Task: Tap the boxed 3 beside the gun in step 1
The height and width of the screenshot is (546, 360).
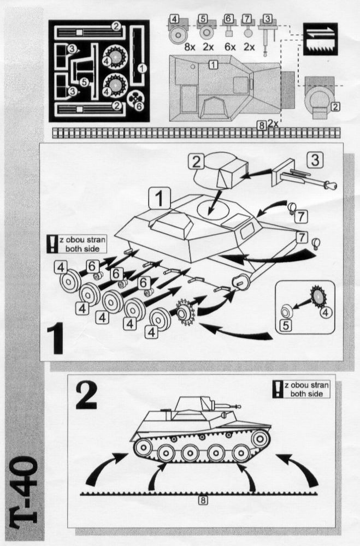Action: pos(315,161)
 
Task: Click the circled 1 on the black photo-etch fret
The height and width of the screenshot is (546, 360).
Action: pos(142,68)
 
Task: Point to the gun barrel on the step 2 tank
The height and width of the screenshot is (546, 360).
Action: pos(232,405)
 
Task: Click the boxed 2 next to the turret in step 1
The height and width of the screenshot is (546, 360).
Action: pos(196,162)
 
